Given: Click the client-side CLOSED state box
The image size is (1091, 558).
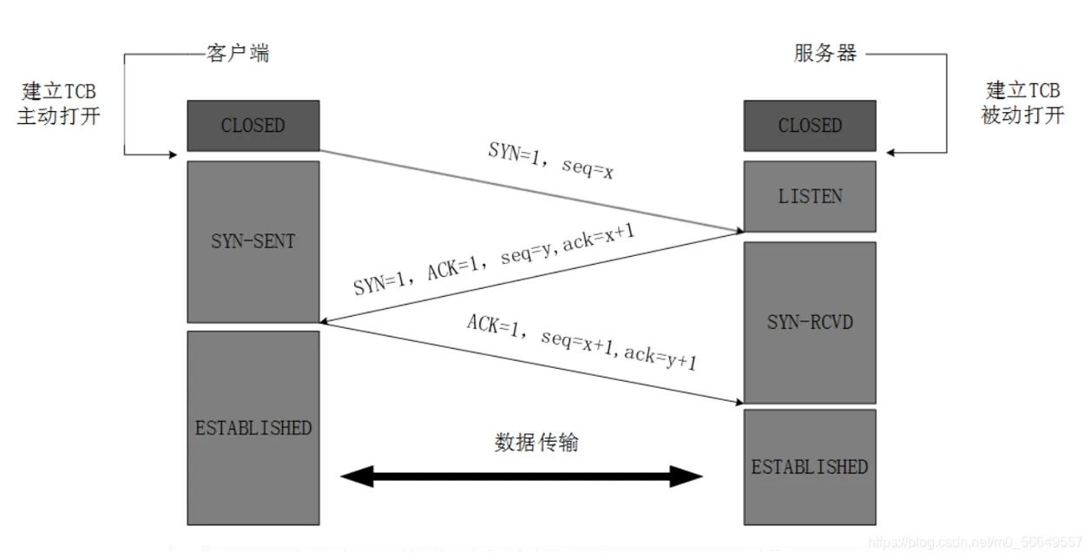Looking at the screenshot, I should tap(253, 126).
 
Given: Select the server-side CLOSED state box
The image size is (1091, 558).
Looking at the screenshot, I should tap(809, 126).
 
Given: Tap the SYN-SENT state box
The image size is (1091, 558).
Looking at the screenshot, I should tap(253, 241).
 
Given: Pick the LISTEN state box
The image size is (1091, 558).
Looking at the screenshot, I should tap(809, 196).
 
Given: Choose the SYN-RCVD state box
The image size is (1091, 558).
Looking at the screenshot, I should tap(809, 322).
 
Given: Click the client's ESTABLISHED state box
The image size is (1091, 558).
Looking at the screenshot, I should tap(253, 428).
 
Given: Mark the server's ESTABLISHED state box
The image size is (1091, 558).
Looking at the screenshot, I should tap(809, 467).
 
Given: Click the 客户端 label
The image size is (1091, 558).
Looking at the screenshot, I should tap(238, 53).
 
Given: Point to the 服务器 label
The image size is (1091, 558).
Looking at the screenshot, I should tap(825, 53).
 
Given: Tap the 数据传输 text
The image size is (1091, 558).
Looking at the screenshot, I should tap(536, 443).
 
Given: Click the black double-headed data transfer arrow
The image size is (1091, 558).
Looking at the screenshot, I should tap(521, 476).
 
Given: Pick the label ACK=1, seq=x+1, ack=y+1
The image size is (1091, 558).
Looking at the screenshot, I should tap(582, 342).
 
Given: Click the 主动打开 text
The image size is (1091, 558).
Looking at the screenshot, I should tap(59, 115).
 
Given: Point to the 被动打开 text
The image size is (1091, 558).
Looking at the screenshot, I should tap(1022, 115).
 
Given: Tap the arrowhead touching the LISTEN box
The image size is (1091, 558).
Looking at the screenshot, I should tap(737, 231).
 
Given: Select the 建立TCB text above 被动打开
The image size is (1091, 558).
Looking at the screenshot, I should tap(1022, 90).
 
